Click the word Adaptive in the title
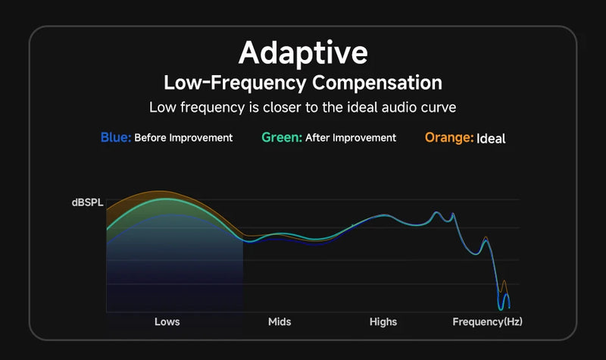303,53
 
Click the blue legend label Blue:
116,138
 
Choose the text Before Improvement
183,138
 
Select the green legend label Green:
282,138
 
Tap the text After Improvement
351,138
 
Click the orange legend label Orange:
449,138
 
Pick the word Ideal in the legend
491,139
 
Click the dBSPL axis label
86,202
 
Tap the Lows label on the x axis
167,322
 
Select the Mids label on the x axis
280,322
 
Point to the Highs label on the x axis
383,322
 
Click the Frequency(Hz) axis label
487,322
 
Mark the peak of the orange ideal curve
158,192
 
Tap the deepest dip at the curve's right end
501,308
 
